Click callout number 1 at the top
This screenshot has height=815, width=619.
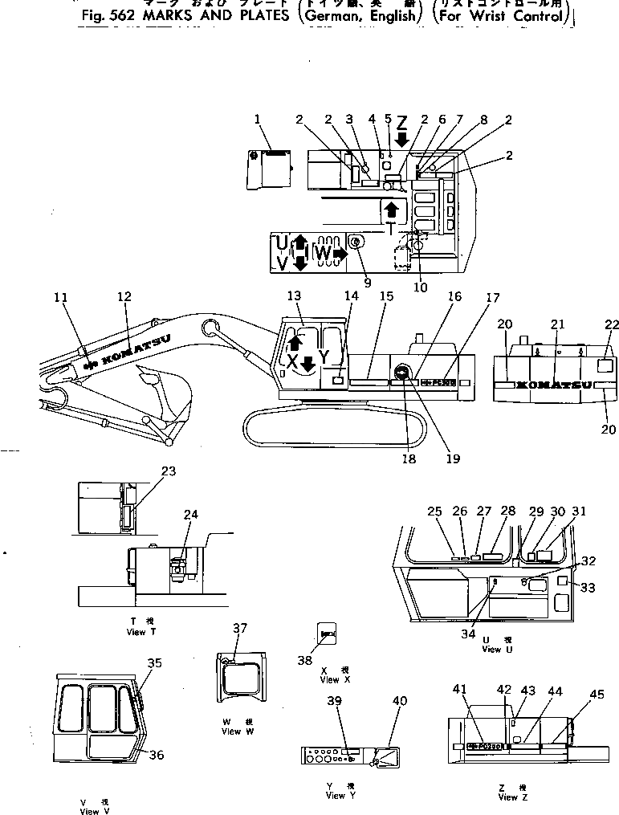point(258,120)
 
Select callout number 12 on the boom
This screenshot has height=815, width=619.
point(124,297)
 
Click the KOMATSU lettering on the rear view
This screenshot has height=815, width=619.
point(553,386)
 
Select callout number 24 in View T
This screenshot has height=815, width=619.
point(189,514)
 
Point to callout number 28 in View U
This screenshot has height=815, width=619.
point(507,511)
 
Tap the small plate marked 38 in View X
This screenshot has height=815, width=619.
point(327,634)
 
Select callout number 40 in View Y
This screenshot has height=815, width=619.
point(399,701)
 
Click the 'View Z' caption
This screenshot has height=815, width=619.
point(507,797)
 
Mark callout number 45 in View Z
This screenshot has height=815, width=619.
point(597,695)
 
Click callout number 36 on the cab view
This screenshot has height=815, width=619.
point(157,754)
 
